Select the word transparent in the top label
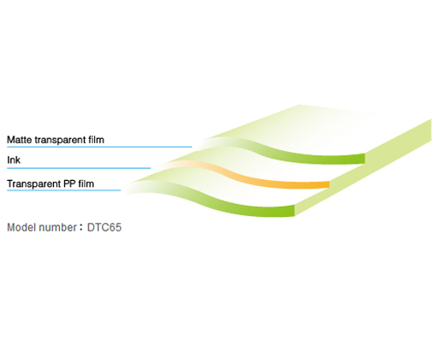click(x=60, y=141)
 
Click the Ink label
click(x=14, y=160)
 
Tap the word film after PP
click(x=86, y=183)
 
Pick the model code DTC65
click(x=105, y=227)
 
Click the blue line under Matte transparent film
click(x=99, y=147)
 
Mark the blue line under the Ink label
click(x=79, y=168)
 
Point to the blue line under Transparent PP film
click(x=63, y=190)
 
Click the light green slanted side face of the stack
click(x=362, y=167)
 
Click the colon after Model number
click(x=81, y=228)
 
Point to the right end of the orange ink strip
click(x=329, y=184)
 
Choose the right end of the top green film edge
click(x=365, y=159)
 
